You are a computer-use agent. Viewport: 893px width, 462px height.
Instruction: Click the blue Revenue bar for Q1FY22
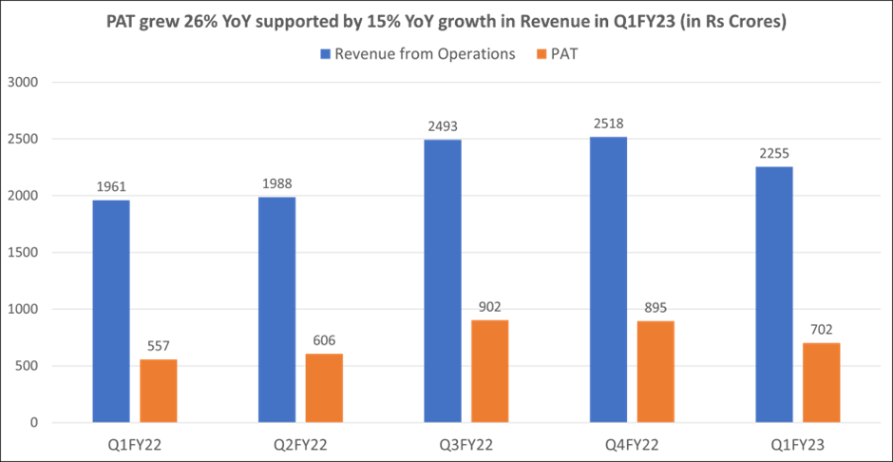pyautogui.click(x=110, y=311)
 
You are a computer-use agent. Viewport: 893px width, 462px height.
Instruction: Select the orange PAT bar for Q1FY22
pyautogui.click(x=158, y=391)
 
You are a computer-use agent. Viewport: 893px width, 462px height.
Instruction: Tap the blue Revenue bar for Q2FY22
pyautogui.click(x=276, y=309)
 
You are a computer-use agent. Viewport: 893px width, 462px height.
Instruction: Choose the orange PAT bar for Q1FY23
pyautogui.click(x=821, y=382)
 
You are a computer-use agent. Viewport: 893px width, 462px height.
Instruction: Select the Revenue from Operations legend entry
pyautogui.click(x=419, y=54)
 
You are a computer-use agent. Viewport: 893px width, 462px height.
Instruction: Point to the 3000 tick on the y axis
pyautogui.click(x=21, y=83)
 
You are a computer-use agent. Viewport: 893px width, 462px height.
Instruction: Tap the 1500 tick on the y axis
pyautogui.click(x=21, y=253)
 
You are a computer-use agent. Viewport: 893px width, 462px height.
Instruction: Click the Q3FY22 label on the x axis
pyautogui.click(x=465, y=444)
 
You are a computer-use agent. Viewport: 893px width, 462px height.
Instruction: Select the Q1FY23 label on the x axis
pyautogui.click(x=797, y=444)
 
